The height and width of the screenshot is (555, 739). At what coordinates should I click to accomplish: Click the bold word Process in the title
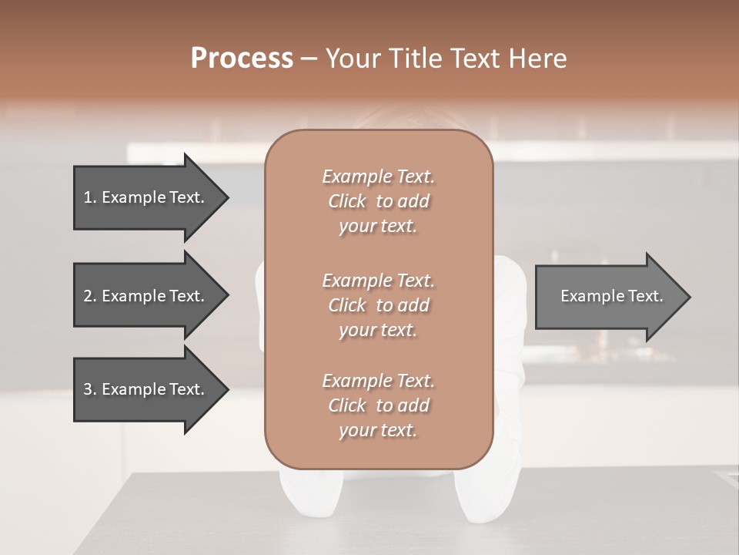click(242, 59)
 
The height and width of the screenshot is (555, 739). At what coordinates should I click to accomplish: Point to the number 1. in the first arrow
click(89, 197)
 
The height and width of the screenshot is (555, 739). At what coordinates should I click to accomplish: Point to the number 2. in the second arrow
click(89, 296)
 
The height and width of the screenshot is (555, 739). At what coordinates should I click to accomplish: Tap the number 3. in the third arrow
click(89, 389)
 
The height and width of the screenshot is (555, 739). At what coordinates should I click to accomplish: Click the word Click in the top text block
click(347, 202)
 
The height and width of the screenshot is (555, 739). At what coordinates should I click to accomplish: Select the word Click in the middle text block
click(347, 305)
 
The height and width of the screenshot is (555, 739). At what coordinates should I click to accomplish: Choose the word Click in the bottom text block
click(347, 405)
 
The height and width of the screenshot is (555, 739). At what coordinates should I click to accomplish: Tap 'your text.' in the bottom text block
click(378, 431)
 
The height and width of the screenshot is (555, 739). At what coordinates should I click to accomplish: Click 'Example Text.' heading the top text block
click(378, 177)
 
